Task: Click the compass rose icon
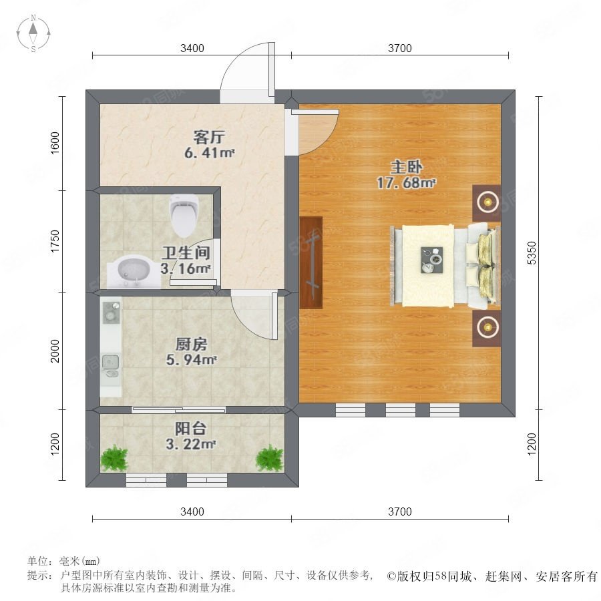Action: pyautogui.click(x=33, y=33)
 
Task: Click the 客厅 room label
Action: pyautogui.click(x=209, y=137)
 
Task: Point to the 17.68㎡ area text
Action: pyautogui.click(x=406, y=183)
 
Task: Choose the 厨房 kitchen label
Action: pyautogui.click(x=191, y=344)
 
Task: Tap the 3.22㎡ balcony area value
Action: pyautogui.click(x=190, y=444)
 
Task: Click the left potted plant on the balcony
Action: pyautogui.click(x=114, y=457)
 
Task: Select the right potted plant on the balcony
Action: pyautogui.click(x=270, y=457)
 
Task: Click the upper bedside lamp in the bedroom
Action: pyautogui.click(x=487, y=202)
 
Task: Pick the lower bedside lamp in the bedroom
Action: pyautogui.click(x=487, y=328)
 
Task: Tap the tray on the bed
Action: pyautogui.click(x=432, y=260)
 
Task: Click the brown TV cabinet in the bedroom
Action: pyautogui.click(x=311, y=262)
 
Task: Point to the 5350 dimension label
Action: pyautogui.click(x=532, y=253)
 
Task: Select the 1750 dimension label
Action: pyautogui.click(x=55, y=242)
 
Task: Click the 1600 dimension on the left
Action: pyautogui.click(x=55, y=143)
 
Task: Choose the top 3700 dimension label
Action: pyautogui.click(x=400, y=48)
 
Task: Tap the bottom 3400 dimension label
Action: pyautogui.click(x=192, y=512)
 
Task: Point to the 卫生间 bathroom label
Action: pyautogui.click(x=186, y=252)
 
